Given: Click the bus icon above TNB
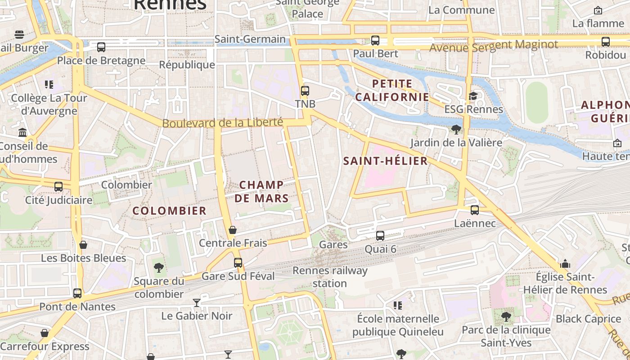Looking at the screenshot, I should (x=305, y=91).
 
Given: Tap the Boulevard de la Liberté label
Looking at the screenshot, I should (x=222, y=123).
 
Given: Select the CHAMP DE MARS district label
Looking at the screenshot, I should (x=261, y=191).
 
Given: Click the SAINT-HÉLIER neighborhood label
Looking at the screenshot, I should (x=385, y=161).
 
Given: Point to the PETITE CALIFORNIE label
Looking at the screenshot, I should (x=392, y=90).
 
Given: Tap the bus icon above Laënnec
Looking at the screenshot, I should (x=475, y=210).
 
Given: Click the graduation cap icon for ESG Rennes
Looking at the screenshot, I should (x=473, y=96).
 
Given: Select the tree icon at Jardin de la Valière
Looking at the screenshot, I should (x=456, y=130).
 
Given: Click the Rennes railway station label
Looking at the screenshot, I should (x=330, y=277).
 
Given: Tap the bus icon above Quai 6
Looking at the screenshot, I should (x=380, y=236).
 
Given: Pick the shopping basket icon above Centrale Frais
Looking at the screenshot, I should (x=233, y=230).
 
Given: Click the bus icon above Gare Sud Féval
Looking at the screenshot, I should (x=238, y=263).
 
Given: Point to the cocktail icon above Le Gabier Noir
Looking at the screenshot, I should (x=197, y=302).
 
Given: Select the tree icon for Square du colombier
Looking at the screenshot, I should (x=158, y=268).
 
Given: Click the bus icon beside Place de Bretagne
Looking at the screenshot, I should (x=101, y=47).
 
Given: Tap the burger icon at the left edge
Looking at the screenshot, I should (x=19, y=35).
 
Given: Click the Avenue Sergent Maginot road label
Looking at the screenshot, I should (x=494, y=45).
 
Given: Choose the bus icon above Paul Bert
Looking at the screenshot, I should (x=375, y=40).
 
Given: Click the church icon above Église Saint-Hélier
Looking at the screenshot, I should (x=565, y=264).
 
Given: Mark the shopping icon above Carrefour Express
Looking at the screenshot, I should (x=45, y=333).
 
